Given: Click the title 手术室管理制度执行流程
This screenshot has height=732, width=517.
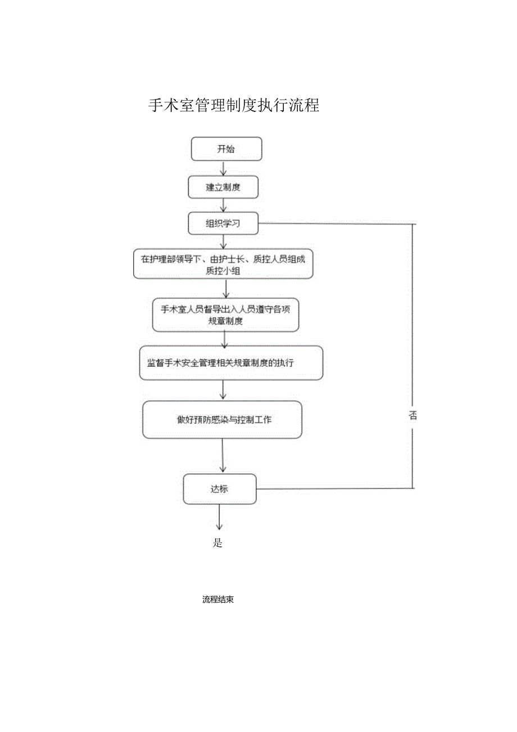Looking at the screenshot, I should [234, 105].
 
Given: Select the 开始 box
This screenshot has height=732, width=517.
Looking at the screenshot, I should [226, 149].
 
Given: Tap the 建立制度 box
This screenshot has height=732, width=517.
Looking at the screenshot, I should [223, 187].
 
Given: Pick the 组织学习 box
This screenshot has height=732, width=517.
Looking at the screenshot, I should [223, 223].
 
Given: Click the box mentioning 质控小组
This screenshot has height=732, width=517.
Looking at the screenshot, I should [223, 264].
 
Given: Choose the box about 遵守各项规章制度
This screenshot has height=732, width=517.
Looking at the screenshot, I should [225, 315].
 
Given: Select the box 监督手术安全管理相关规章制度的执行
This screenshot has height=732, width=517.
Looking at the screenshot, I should [231, 363].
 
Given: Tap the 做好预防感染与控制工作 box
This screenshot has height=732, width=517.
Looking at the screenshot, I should [223, 420].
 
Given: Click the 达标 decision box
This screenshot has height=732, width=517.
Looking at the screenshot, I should [220, 489].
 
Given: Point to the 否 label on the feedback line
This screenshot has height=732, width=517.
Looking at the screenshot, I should [413, 416].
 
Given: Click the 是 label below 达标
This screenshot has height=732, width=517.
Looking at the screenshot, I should [218, 543].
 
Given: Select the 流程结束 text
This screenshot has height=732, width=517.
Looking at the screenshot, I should [218, 600].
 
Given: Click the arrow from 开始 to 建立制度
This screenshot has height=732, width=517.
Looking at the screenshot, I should [223, 168].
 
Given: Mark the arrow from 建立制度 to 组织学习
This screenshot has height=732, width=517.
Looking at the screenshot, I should [223, 205].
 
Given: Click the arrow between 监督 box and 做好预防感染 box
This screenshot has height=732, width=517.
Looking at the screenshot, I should [223, 390].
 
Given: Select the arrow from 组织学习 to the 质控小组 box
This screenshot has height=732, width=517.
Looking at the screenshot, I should [224, 241].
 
